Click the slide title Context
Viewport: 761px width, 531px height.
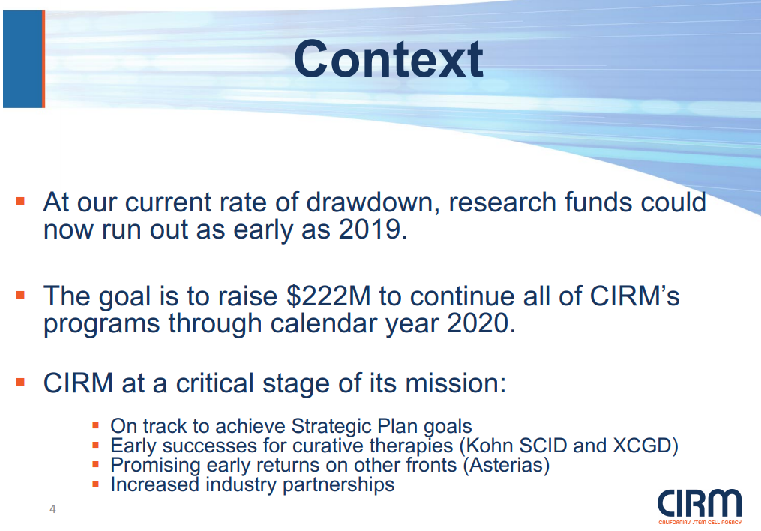(x=388, y=59)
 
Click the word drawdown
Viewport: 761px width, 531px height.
(x=370, y=202)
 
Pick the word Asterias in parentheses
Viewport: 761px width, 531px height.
(x=506, y=465)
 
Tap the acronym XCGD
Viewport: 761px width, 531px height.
(x=642, y=445)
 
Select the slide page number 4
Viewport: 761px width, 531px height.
(x=53, y=509)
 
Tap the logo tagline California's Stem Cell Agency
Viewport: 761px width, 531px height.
(x=700, y=522)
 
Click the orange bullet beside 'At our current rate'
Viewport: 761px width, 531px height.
(x=20, y=202)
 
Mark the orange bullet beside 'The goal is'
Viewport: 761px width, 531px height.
(x=20, y=295)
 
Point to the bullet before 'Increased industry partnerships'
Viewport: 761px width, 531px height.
(x=96, y=484)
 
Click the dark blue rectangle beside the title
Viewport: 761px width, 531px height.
(x=23, y=58)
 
